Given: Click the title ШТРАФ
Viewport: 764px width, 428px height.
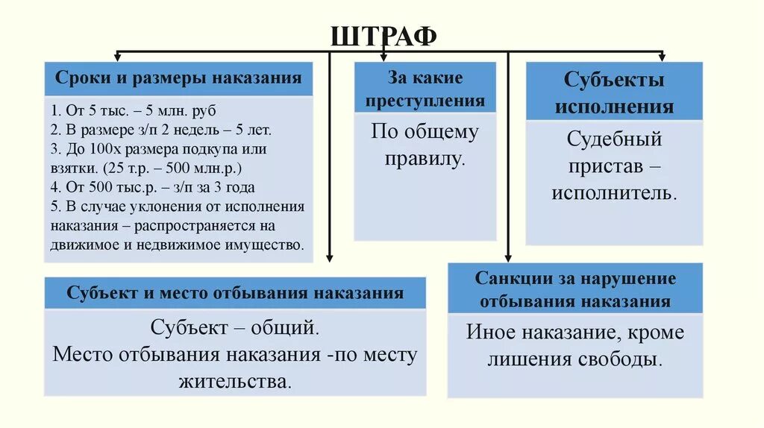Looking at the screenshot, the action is (382, 36).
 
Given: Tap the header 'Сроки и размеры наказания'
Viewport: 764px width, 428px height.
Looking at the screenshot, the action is (178, 78).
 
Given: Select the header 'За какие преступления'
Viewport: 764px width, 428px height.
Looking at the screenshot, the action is (425, 89).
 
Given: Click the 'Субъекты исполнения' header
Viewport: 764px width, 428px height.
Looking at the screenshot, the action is (614, 92).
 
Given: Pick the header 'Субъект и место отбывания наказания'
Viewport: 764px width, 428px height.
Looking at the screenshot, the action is (235, 292).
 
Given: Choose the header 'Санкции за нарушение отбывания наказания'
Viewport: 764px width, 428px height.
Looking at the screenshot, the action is (575, 289).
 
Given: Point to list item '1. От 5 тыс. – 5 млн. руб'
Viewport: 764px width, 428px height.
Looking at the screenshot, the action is (134, 110).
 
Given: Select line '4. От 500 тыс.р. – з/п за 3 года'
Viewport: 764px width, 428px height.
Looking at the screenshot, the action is (153, 187).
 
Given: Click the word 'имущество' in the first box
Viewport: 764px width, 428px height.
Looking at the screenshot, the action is (269, 245).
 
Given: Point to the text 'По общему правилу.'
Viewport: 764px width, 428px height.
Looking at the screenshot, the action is (425, 145).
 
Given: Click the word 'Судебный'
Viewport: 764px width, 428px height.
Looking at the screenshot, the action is (614, 139).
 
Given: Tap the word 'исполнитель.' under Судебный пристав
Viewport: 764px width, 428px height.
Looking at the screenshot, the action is (614, 192).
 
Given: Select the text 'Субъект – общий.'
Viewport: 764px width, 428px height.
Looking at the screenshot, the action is (235, 327).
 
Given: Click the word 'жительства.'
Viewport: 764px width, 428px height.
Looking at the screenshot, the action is (235, 382).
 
